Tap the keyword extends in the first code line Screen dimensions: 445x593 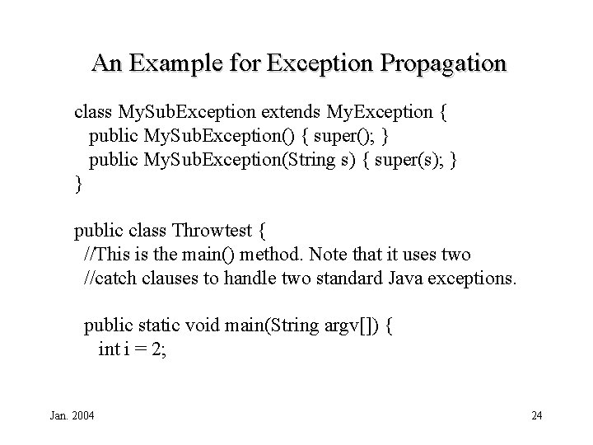pyautogui.click(x=291, y=111)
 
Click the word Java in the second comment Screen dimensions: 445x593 pyautogui.click(x=408, y=279)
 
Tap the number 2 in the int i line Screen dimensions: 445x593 pyautogui.click(x=159, y=349)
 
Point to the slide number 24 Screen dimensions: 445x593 pyautogui.click(x=536, y=415)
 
